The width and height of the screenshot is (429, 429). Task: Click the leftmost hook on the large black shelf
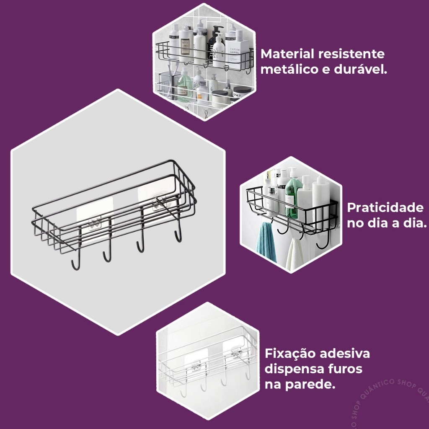[75, 263]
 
